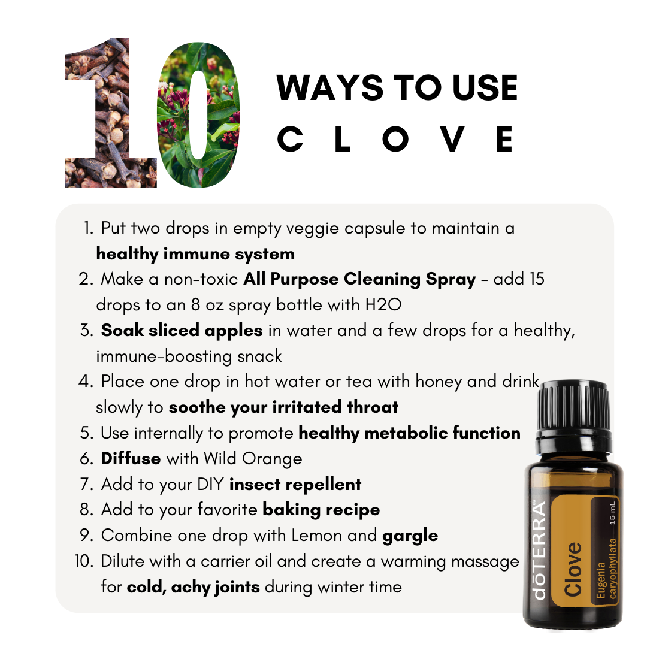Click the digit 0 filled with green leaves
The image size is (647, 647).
tap(198, 114)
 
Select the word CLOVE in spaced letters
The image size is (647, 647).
tap(396, 139)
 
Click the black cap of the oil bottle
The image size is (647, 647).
tap(573, 407)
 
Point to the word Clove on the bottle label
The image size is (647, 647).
tap(573, 569)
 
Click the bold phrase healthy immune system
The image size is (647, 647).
tap(195, 253)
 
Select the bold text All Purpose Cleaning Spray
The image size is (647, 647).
tap(359, 279)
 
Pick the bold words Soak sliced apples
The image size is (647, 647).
tap(182, 331)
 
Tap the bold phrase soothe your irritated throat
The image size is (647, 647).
tap(283, 407)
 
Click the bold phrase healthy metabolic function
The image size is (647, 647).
tap(409, 433)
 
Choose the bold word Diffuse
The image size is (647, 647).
tap(131, 459)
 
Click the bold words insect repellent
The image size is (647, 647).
tap(295, 484)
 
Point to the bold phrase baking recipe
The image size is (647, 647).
tap(321, 510)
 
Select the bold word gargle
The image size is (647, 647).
tap(410, 536)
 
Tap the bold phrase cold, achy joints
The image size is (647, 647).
tap(193, 587)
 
